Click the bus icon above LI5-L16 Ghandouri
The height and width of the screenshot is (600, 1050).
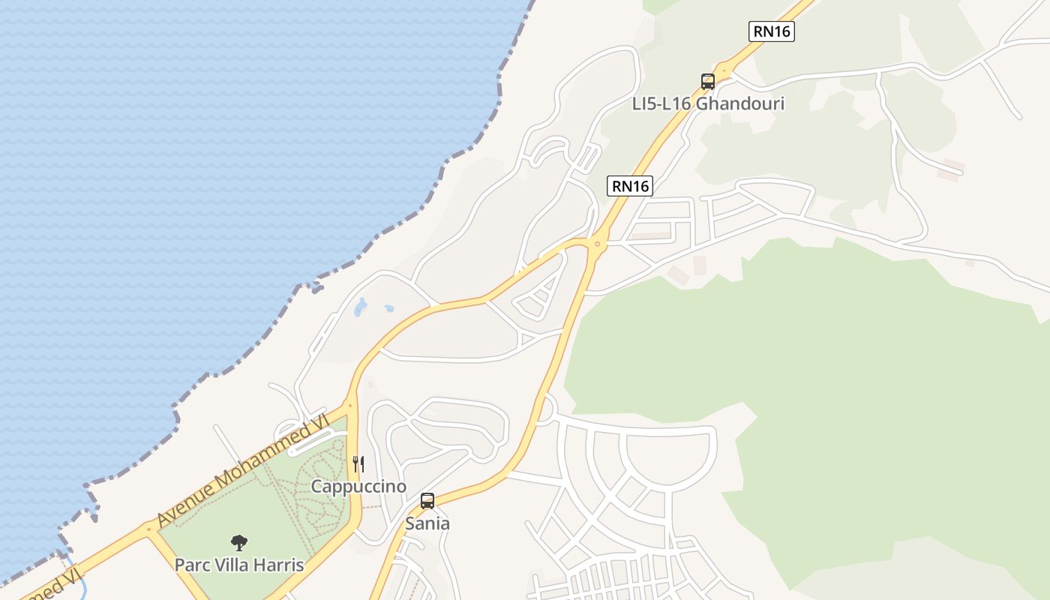[x=707, y=81]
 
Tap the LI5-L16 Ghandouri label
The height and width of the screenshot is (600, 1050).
[x=708, y=103]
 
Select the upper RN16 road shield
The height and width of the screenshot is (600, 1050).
[x=771, y=31]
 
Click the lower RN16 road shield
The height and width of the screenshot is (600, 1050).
[x=629, y=186]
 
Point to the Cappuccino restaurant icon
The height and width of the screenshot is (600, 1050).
[x=358, y=464]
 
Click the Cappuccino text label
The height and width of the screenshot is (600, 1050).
[x=358, y=487]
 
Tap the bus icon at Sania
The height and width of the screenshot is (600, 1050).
[x=427, y=501]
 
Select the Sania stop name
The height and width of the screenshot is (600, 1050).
[x=427, y=523]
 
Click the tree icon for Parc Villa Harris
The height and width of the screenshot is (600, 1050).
[x=239, y=542]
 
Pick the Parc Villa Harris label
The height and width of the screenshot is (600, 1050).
[x=239, y=565]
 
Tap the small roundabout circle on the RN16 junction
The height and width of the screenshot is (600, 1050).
[x=597, y=244]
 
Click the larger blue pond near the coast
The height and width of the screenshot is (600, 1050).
[x=361, y=306]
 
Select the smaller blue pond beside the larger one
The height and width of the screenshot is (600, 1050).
[x=388, y=307]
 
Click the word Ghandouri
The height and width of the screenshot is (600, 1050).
[x=740, y=103]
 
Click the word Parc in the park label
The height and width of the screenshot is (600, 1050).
[x=191, y=565]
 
